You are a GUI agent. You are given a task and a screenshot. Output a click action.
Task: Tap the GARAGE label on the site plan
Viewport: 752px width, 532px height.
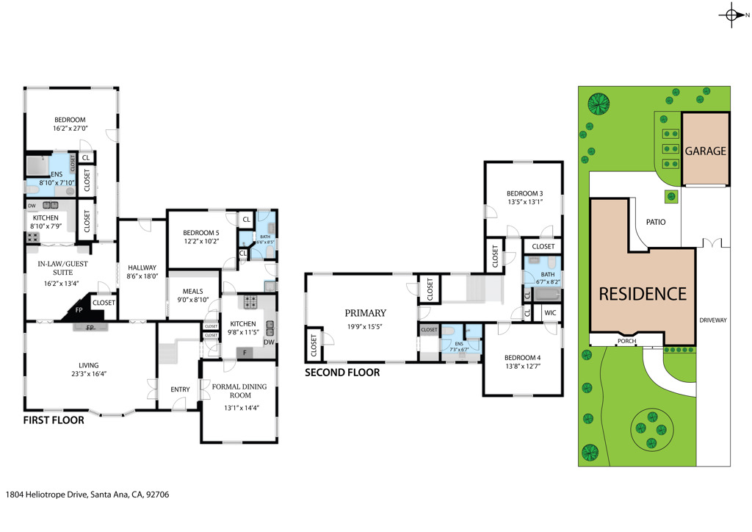[x=705, y=151]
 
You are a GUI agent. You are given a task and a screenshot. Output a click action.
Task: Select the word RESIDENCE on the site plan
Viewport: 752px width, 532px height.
[x=643, y=294]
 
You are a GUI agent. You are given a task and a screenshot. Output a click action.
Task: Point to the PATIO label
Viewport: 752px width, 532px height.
[x=656, y=220]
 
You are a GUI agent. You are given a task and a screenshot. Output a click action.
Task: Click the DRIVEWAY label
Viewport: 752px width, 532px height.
[x=712, y=320]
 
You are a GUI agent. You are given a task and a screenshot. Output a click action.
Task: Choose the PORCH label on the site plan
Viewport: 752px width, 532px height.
[x=627, y=341]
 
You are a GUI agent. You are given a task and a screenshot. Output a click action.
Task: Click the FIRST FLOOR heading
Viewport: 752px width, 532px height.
[x=53, y=421]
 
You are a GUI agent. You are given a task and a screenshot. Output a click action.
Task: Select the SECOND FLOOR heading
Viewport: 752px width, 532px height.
[x=342, y=373]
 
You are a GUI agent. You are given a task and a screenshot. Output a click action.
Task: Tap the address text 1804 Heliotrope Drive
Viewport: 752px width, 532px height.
[x=87, y=495]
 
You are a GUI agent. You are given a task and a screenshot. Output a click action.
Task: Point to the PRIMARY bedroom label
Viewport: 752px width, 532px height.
[x=365, y=313]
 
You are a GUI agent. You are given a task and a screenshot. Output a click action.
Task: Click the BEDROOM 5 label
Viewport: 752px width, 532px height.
[x=201, y=233]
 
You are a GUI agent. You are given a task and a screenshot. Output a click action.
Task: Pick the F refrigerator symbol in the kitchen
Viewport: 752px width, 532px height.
[x=245, y=353]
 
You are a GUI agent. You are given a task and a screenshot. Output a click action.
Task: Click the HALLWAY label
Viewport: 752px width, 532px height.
[x=142, y=268]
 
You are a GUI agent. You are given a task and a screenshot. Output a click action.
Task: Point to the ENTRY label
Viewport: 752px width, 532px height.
[x=180, y=389]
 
